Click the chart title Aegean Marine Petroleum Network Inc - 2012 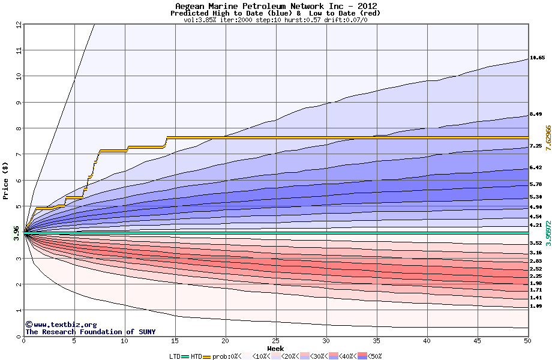pos(276,6)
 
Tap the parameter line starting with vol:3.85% pos(275,20)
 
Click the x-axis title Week pos(275,349)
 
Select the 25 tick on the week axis pos(275,341)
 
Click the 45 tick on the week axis pos(477,341)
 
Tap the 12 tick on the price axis pos(18,24)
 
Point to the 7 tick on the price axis pos(18,154)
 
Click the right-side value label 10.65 pos(537,58)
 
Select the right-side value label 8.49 pos(536,115)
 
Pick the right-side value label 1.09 pos(536,306)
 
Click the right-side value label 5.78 pos(536,184)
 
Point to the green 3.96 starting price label pos(17,232)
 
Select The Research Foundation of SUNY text pos(90,332)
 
